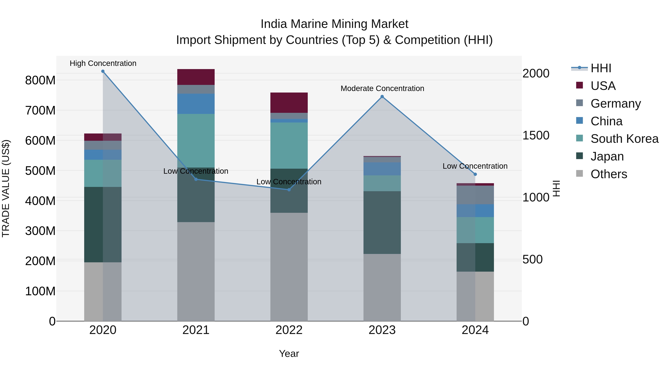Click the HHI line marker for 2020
103,71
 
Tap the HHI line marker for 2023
382,96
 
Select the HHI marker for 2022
289,190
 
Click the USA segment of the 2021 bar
196,77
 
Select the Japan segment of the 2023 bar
382,222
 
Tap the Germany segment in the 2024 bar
475,195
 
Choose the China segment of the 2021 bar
196,104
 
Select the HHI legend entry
600,68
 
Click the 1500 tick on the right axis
536,135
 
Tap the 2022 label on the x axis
289,330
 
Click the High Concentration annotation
103,63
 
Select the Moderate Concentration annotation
382,88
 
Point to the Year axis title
289,354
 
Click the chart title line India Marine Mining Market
334,24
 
